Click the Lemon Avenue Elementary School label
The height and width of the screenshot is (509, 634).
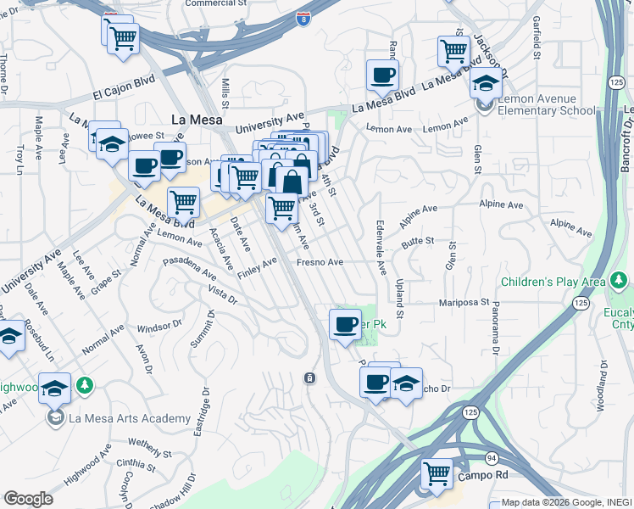tap(546, 104)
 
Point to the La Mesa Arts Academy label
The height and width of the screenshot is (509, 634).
tap(130, 418)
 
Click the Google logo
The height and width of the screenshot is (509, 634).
tap(28, 499)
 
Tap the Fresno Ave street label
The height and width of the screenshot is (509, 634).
tap(320, 263)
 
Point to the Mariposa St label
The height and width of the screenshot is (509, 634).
tap(464, 302)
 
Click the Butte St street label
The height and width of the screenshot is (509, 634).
tap(417, 242)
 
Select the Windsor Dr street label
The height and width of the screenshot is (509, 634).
tap(159, 325)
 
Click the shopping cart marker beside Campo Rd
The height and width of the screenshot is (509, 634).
tap(437, 473)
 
